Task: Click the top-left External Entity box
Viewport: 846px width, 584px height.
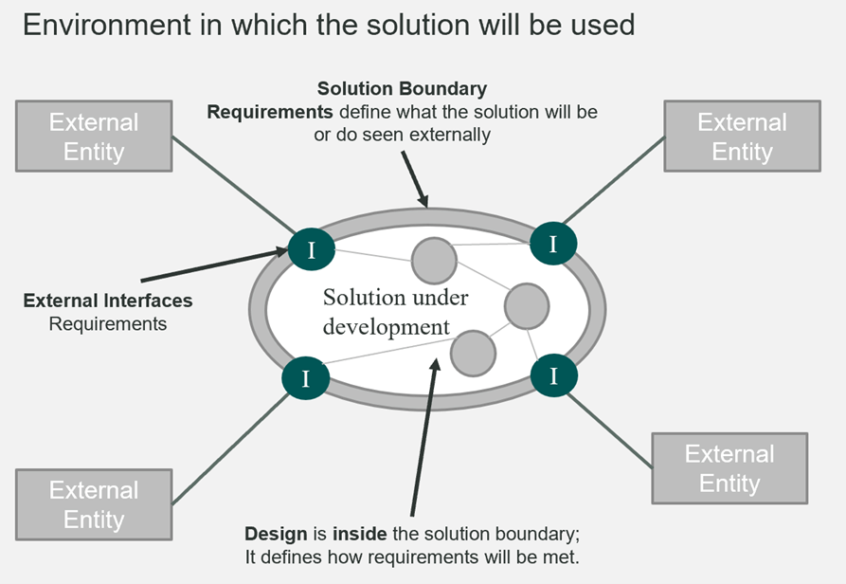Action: [x=94, y=137]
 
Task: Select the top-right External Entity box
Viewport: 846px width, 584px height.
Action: [x=742, y=137]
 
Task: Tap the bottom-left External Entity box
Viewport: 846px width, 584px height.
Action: [x=94, y=504]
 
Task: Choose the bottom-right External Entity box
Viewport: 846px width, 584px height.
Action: [x=729, y=468]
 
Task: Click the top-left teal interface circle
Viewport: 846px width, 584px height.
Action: [x=311, y=250]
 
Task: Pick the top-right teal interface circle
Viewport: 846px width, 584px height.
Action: [x=552, y=245]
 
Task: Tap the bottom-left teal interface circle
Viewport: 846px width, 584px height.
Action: [x=305, y=378]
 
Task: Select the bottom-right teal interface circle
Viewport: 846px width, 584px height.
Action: [x=554, y=375]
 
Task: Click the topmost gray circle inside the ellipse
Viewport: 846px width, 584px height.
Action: [x=434, y=260]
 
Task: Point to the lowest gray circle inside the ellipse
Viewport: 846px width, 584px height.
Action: [x=473, y=353]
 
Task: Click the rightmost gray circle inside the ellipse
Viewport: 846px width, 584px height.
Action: [x=527, y=305]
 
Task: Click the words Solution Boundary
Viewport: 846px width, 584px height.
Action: [x=402, y=89]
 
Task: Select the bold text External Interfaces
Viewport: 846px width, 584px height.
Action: [x=108, y=301]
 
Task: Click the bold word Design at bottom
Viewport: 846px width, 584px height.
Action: [x=276, y=533]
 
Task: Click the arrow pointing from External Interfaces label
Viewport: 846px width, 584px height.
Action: [x=213, y=265]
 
